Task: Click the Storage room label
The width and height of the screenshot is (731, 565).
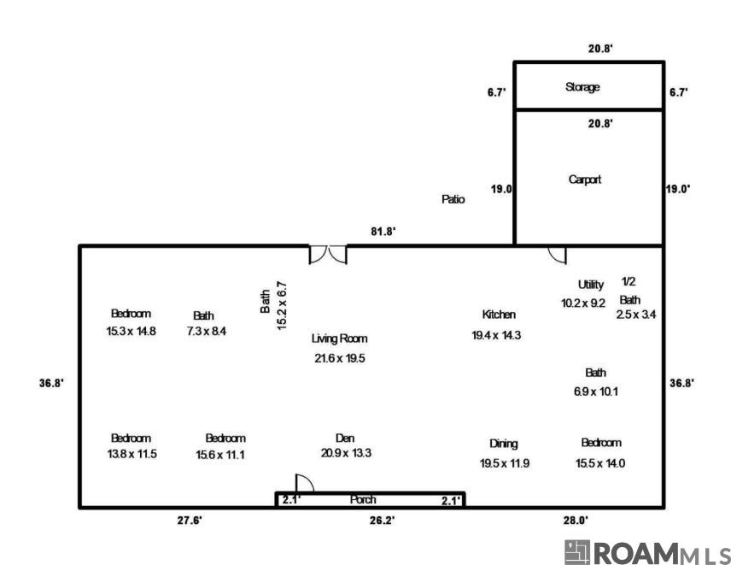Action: [x=582, y=87]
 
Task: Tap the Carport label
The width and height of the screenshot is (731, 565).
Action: [x=585, y=180]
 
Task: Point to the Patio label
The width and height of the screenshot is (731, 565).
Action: [x=453, y=199]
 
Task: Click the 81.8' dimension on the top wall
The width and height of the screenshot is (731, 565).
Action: [x=383, y=231]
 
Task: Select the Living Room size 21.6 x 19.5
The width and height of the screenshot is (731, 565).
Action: [x=340, y=358]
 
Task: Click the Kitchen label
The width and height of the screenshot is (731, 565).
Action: [x=499, y=315]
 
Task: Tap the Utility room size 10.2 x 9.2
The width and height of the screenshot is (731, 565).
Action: [x=583, y=303]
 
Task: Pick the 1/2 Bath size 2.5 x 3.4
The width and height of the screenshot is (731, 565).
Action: [x=636, y=315]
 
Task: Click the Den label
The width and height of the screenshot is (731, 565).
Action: [x=345, y=438]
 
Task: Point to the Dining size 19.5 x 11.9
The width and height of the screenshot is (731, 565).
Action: [x=505, y=463]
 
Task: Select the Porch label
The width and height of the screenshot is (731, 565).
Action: [x=363, y=500]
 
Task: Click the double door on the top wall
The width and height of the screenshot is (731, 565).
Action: [x=328, y=254]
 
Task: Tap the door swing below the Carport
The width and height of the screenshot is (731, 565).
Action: [x=557, y=254]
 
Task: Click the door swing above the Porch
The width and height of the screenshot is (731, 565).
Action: [x=304, y=483]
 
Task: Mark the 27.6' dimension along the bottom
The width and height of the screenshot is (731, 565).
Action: [x=190, y=521]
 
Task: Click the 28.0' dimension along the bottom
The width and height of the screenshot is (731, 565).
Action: [x=576, y=521]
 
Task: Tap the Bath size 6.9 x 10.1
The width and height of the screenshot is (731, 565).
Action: [x=596, y=391]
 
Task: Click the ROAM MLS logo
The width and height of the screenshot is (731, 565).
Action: [x=647, y=552]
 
